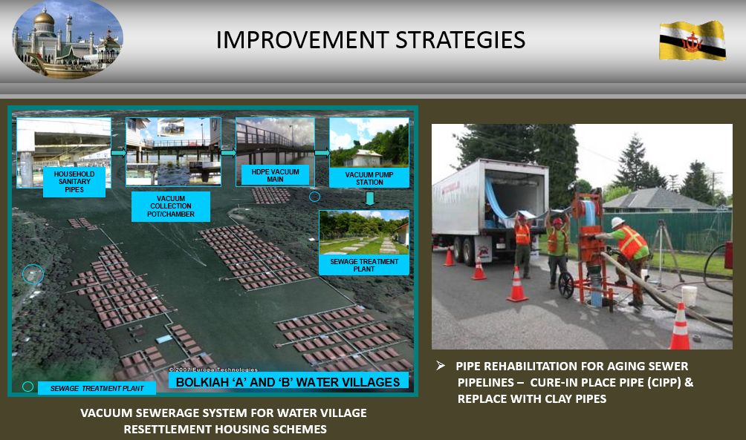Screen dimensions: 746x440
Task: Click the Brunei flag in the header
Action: coord(693,40)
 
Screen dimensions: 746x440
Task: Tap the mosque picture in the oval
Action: coord(68,40)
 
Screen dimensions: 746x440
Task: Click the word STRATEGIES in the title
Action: coord(461,40)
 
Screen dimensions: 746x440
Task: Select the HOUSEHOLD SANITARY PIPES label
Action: coord(74,182)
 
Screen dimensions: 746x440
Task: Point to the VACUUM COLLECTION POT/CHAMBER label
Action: coord(171,206)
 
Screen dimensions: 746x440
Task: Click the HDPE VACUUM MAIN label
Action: coord(275,175)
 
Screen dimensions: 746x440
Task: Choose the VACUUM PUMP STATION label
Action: coord(369,178)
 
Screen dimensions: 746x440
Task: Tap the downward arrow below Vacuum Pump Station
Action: coord(370,199)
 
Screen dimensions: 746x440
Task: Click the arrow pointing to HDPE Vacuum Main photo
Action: coord(228,153)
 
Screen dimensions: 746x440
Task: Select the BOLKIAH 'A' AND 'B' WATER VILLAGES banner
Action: coord(288,382)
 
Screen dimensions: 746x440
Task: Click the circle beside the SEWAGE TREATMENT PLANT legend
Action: coord(28,387)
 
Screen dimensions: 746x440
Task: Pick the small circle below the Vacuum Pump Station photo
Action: coord(315,196)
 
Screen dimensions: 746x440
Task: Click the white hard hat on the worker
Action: coord(617,223)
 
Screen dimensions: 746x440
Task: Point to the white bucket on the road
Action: coord(689,295)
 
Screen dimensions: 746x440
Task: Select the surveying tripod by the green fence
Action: coord(664,252)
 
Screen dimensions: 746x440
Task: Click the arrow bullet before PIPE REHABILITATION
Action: coord(441,365)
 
